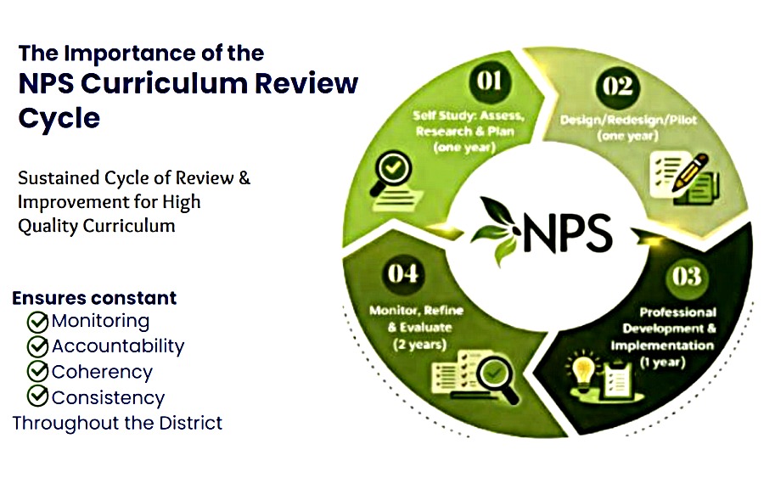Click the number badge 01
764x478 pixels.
point(489,81)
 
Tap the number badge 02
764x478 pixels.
point(617,87)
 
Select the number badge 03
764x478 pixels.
point(687,277)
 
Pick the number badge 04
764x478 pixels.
point(403,273)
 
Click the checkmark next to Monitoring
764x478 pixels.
point(37,322)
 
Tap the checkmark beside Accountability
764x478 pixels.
point(37,346)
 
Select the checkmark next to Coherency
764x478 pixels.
point(37,371)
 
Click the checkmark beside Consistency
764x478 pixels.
point(37,396)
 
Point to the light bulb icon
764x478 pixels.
point(583,372)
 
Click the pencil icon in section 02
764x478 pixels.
point(690,172)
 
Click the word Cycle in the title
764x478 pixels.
point(59,119)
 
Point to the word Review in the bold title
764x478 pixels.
point(306,83)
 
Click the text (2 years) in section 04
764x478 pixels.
point(419,345)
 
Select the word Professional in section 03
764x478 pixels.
point(677,312)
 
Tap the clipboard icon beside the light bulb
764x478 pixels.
point(618,378)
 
